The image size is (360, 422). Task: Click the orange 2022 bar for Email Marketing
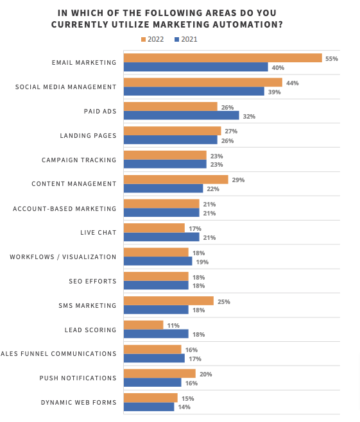tap(222, 58)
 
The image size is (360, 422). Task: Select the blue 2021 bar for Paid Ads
tap(181, 116)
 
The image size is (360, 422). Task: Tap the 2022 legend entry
tap(152, 39)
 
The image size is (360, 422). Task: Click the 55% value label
tap(331, 58)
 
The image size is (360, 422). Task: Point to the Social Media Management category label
tap(67, 87)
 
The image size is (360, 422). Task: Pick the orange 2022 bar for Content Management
tap(175, 180)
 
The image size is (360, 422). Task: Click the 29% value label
tap(238, 180)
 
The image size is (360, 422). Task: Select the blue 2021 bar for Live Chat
tap(161, 237)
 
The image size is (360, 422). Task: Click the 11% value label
tap(173, 325)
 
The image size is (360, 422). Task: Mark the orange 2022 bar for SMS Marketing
tap(168, 301)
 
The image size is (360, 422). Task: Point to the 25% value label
tap(224, 301)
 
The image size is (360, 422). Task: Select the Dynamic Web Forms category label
tap(78, 402)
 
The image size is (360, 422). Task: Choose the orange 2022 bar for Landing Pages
tap(172, 131)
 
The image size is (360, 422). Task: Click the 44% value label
tap(292, 83)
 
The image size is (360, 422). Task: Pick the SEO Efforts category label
tap(92, 281)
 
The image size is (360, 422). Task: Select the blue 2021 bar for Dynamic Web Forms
tap(148, 407)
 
